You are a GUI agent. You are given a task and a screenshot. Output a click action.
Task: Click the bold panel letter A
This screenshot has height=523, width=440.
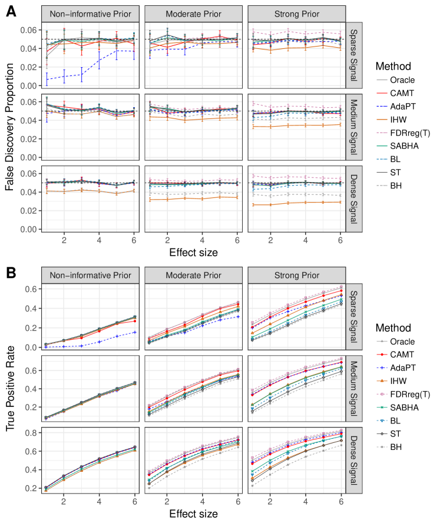[x=11, y=11]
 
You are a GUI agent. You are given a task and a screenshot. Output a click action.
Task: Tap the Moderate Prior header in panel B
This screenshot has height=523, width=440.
[x=193, y=276]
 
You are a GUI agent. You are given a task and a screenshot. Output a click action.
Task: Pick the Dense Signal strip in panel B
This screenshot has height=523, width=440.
[x=353, y=462]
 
